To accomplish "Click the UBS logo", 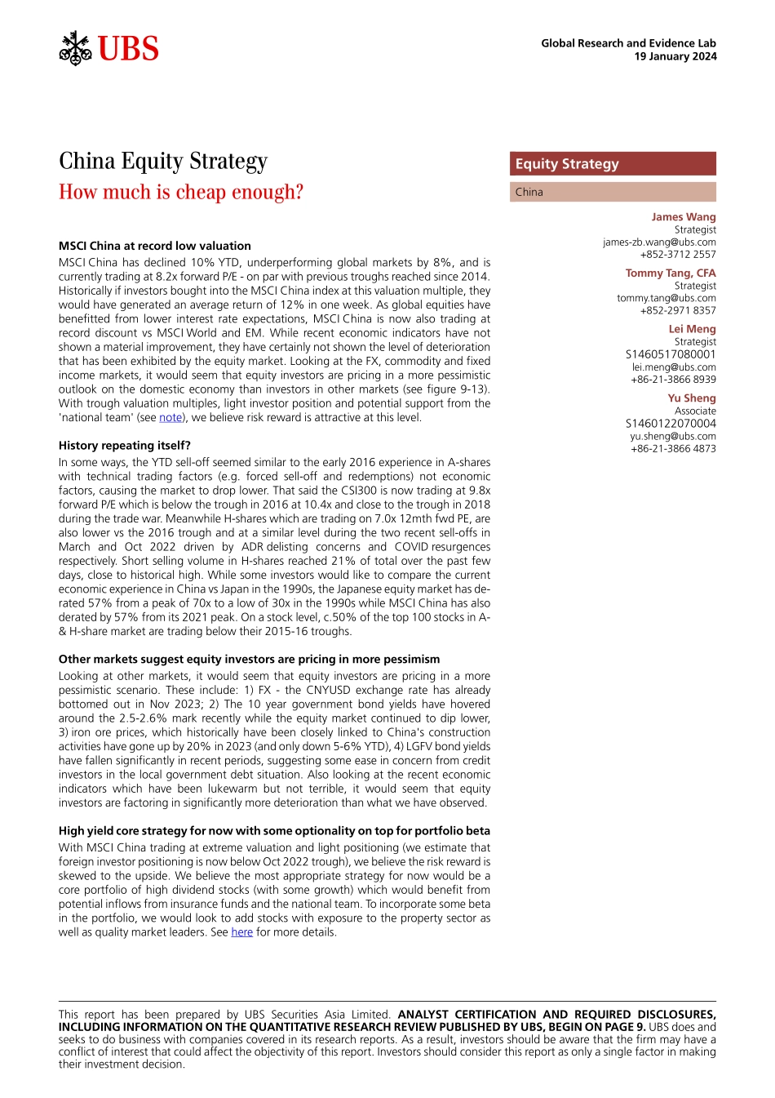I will coord(108,49).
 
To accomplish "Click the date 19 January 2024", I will coord(675,56).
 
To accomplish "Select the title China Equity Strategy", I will coord(163,161).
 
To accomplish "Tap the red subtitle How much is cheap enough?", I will coord(181,192).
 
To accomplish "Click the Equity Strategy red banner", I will coord(613,164).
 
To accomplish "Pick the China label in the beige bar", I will coord(529,192).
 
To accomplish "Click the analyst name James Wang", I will coord(683,217).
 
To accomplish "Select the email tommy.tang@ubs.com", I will coord(666,298).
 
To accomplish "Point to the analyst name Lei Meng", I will coord(692,329).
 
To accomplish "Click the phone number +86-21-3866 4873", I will coord(673,448).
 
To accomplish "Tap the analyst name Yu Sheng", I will coord(691,398).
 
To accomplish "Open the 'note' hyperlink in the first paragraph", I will coord(170,417).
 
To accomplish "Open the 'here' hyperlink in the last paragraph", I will coord(241,932).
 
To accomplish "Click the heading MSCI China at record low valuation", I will coord(155,246).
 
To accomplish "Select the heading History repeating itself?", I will coord(125,446).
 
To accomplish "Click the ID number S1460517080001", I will coord(671,354).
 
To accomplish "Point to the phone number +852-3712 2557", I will coord(678,254).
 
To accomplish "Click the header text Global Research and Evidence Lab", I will coord(628,43).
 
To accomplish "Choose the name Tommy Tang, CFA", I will coord(671,273).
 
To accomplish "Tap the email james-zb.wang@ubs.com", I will coord(659,242).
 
